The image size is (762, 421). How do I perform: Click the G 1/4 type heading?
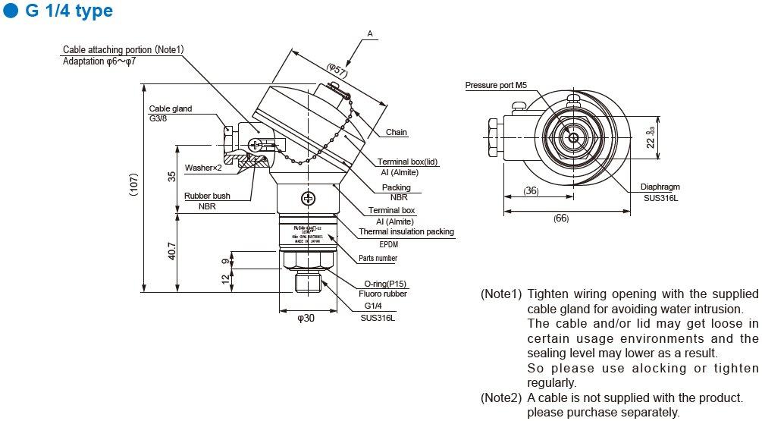(68, 11)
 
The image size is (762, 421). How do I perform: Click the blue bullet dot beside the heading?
(10, 11)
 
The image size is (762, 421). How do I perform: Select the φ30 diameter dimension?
(306, 319)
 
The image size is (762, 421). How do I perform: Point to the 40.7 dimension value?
(172, 251)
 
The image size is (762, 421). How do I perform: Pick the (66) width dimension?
(561, 218)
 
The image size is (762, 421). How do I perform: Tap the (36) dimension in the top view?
(531, 191)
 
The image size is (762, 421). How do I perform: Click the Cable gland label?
(171, 108)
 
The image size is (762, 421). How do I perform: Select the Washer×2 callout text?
(203, 168)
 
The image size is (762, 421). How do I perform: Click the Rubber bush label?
(207, 196)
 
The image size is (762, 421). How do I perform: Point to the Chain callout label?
(397, 132)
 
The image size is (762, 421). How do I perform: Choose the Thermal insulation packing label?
(406, 231)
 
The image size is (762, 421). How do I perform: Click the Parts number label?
(378, 259)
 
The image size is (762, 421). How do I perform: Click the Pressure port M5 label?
(496, 86)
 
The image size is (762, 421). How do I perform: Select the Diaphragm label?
(660, 186)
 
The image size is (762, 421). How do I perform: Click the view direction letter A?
(370, 33)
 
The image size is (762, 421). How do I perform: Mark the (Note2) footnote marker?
(501, 397)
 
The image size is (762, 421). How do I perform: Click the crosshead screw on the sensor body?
(308, 199)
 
